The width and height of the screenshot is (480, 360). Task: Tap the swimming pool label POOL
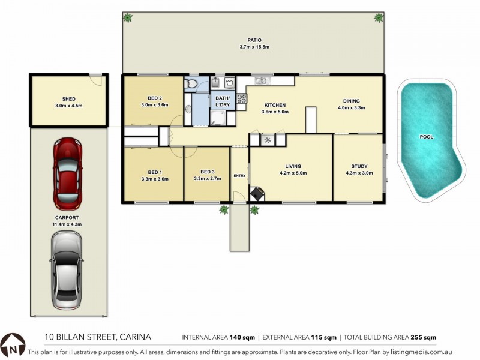(x=426, y=137)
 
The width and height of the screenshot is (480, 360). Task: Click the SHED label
(x=68, y=99)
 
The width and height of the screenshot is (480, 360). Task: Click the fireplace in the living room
(x=256, y=193)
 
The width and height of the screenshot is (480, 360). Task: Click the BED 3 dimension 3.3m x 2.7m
(x=206, y=178)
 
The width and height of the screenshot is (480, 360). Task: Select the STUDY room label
(x=359, y=166)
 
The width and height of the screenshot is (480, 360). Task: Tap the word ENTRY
(x=239, y=176)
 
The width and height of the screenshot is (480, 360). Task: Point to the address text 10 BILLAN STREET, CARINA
(x=98, y=337)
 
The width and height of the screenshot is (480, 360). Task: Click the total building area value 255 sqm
(x=424, y=337)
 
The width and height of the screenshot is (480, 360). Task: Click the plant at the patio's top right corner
(x=379, y=18)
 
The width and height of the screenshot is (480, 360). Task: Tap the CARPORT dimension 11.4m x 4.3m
(x=67, y=224)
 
